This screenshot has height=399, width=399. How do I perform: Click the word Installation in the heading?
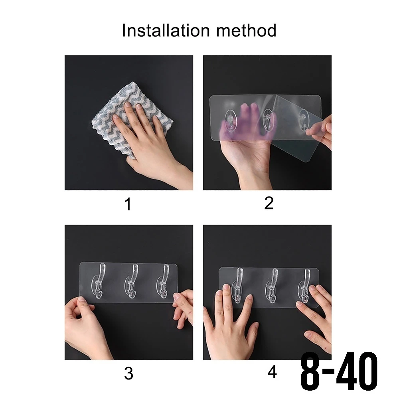(x=166, y=31)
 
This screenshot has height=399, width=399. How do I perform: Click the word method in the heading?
(x=246, y=31)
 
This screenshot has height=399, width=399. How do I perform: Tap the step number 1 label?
(x=128, y=204)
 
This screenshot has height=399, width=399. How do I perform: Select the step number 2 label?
(x=269, y=203)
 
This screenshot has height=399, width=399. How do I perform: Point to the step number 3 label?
(x=129, y=373)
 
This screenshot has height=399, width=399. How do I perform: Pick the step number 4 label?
(x=272, y=372)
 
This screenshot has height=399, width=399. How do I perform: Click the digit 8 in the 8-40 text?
(x=310, y=371)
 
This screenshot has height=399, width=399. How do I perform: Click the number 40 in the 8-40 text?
(x=357, y=371)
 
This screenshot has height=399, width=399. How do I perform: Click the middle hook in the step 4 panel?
(x=273, y=285)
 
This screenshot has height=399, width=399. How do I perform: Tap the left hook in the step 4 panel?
(x=238, y=285)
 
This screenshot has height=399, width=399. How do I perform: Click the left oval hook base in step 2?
(x=231, y=121)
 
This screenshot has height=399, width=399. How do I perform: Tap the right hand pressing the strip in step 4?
(x=316, y=318)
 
